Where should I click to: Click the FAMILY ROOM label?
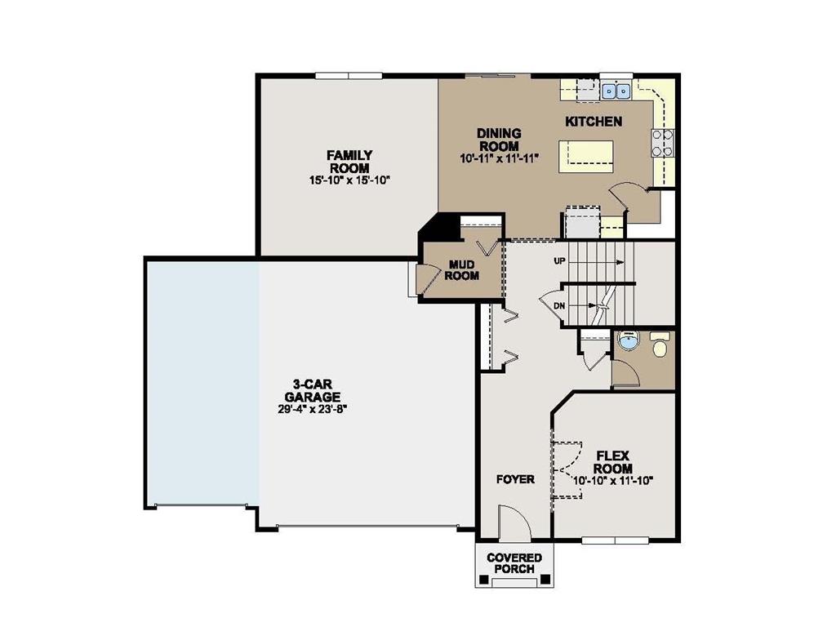point(349,161)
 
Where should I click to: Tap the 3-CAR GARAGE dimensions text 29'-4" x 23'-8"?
point(313,409)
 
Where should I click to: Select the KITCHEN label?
point(594,122)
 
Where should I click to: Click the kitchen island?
point(586,156)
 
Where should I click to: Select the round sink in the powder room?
point(627,341)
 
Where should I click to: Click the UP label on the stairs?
point(560,262)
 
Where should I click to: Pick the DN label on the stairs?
point(559,306)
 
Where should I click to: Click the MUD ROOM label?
point(461,270)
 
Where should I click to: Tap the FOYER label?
point(515,479)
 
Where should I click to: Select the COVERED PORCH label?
point(514,563)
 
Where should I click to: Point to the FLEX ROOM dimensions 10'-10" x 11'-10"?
point(613,481)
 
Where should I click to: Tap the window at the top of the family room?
point(349,76)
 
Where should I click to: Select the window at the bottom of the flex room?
point(615,540)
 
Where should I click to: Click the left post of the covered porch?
point(484,580)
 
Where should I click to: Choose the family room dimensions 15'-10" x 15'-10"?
point(349,180)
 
